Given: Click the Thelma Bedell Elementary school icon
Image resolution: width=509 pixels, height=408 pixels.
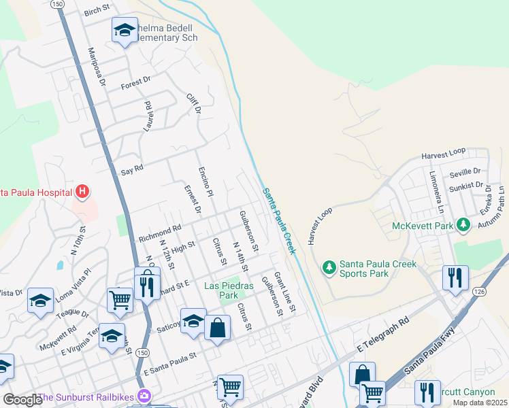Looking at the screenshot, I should coord(124,31).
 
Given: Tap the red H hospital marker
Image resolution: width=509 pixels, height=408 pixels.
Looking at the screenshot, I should coord(82,192).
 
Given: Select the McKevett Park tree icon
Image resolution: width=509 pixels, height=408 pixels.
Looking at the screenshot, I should coord(463,224).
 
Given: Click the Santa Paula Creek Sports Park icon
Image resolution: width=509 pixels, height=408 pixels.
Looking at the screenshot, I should coord(329,267).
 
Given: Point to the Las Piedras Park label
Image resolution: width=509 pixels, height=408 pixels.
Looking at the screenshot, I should coord(229,290).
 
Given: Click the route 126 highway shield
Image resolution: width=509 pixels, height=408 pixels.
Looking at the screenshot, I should coord(472,290).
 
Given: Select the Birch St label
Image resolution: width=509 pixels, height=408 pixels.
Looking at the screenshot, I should coord(97,13).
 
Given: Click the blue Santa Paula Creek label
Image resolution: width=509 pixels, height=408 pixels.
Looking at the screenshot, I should coord(280,222).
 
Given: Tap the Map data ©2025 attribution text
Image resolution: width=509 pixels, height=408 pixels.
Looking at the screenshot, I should coord(480,403).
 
